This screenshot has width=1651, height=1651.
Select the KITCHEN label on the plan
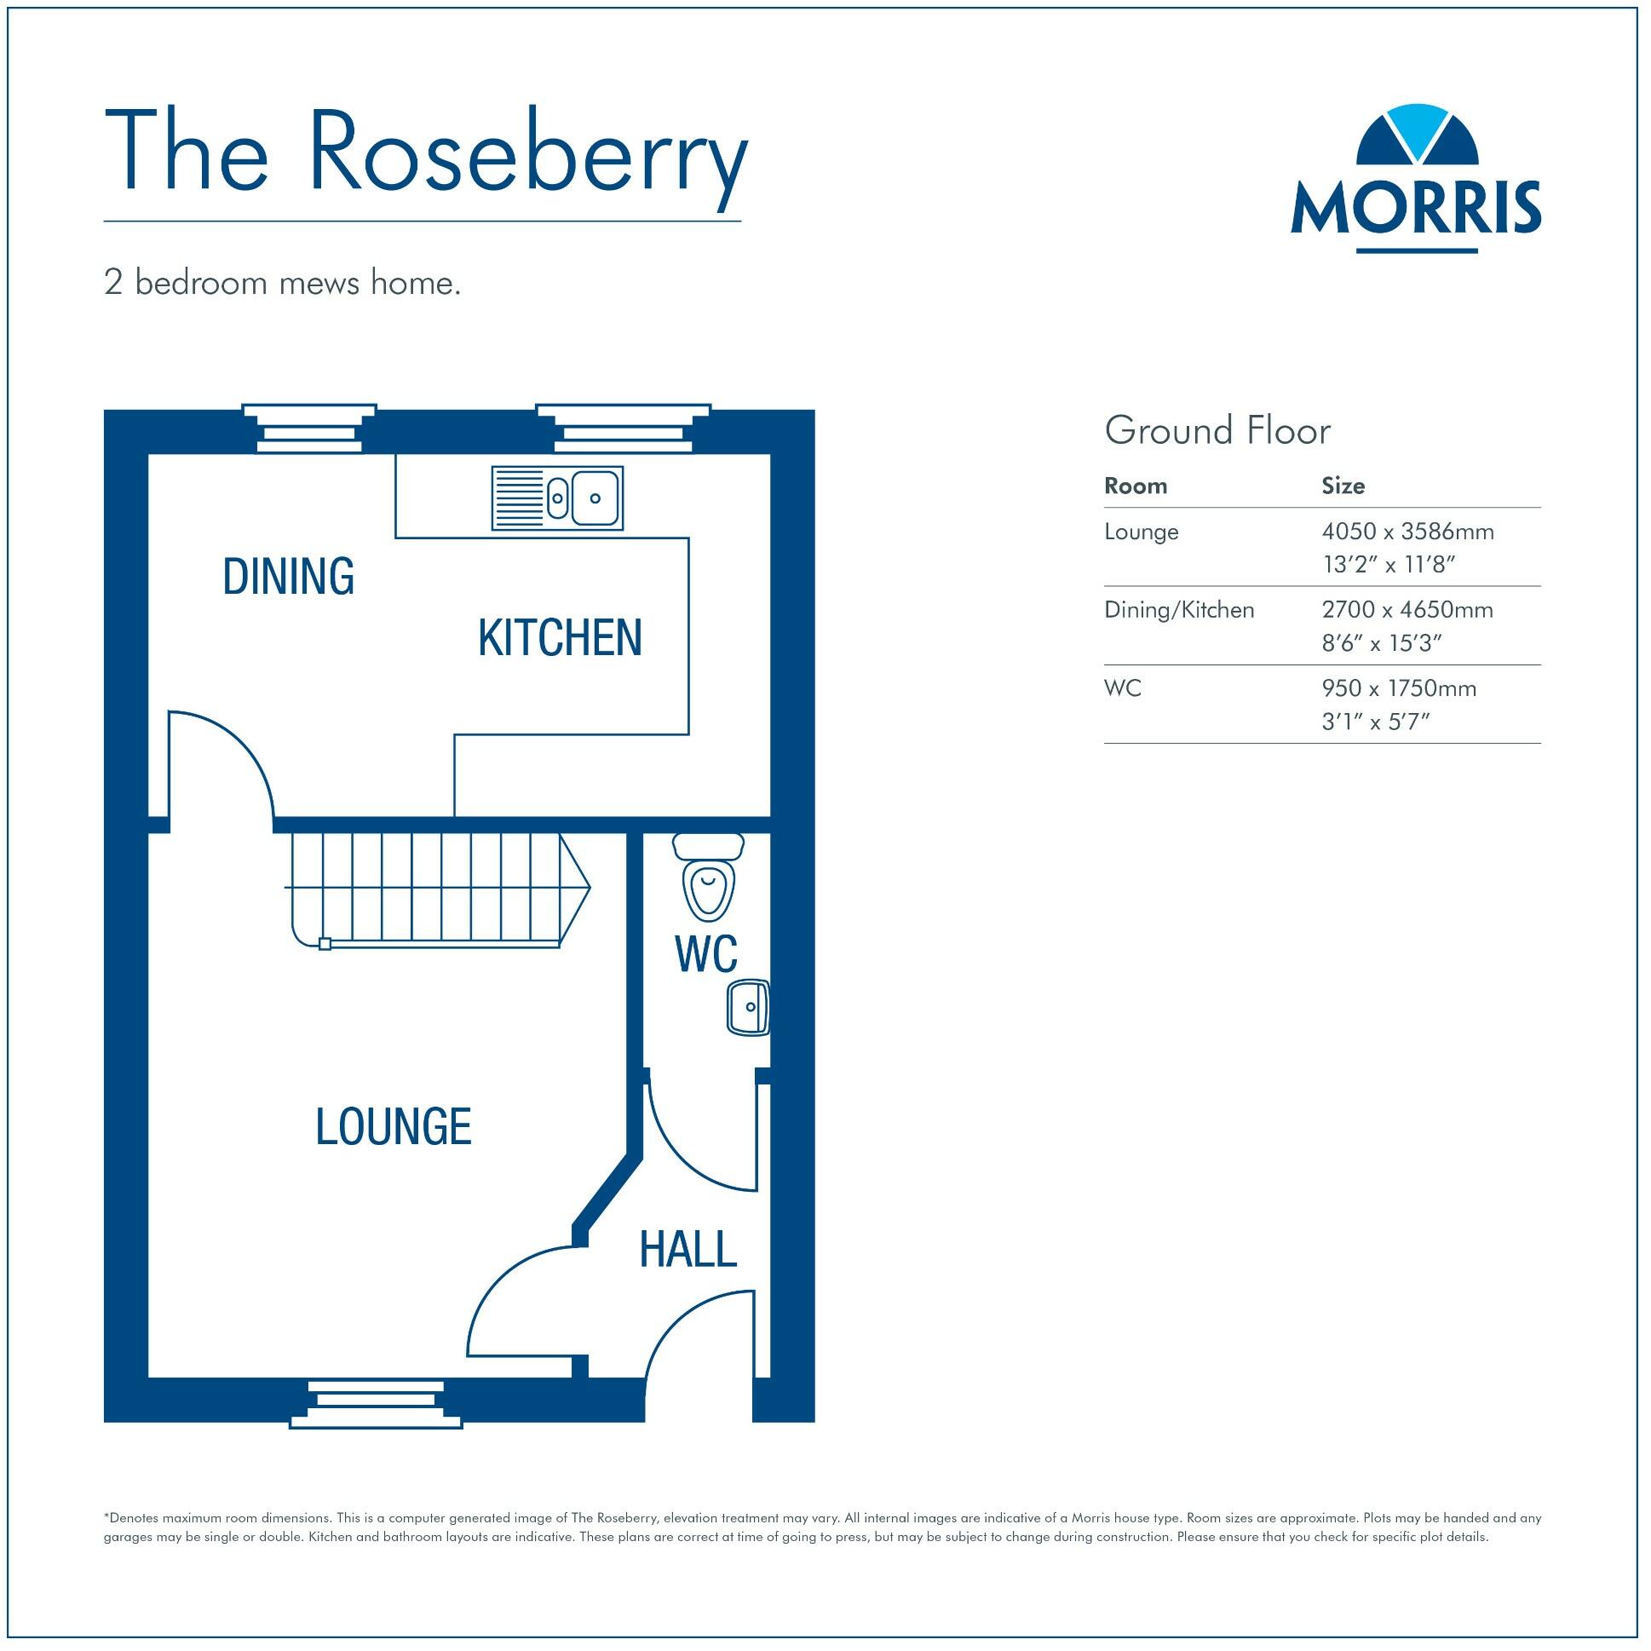[x=560, y=637]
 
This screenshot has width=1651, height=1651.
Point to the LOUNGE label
[x=393, y=1126]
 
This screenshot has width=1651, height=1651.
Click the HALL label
[x=688, y=1251]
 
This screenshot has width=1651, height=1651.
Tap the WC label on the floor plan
[x=706, y=953]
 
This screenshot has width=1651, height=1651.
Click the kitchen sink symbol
[x=557, y=498]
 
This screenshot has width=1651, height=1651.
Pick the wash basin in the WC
[x=749, y=1007]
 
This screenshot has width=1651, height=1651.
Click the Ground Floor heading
[x=1217, y=431]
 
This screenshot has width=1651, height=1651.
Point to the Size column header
[x=1343, y=486]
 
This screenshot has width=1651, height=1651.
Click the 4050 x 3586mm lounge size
[x=1407, y=532]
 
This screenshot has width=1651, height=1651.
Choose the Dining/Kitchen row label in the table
[x=1178, y=610]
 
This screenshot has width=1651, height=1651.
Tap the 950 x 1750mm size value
[x=1399, y=689]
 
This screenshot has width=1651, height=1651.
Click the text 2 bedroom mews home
[x=282, y=283]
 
